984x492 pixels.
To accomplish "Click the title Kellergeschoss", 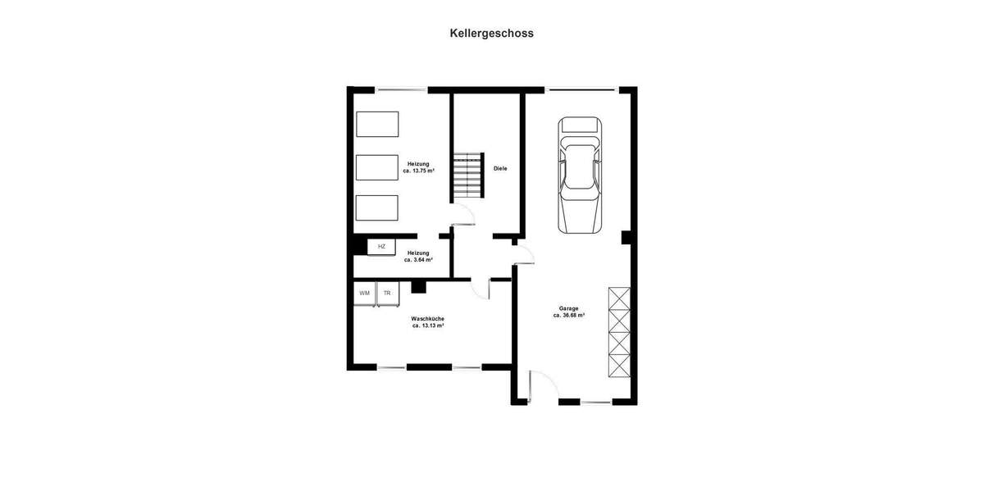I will click(x=491, y=34).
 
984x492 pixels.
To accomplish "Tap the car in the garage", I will click(x=579, y=175).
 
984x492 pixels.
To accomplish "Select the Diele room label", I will click(x=500, y=168).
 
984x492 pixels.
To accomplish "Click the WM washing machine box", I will click(x=364, y=294).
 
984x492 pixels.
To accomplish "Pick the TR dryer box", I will click(x=387, y=294).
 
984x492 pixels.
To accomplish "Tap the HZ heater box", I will click(x=381, y=246).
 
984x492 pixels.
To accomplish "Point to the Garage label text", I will click(x=568, y=308).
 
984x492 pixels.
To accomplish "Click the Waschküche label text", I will click(x=427, y=318).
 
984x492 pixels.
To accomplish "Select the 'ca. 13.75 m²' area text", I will click(x=419, y=171).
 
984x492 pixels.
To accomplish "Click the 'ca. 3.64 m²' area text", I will click(x=418, y=260).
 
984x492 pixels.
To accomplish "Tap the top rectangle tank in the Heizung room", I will click(x=377, y=124).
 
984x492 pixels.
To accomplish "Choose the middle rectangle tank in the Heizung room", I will click(x=377, y=167).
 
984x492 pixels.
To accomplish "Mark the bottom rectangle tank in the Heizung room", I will click(x=377, y=208).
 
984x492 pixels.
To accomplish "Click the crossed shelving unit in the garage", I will click(x=619, y=331).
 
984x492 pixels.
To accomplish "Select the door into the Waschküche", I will click(x=481, y=288).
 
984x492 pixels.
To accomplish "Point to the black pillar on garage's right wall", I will click(x=626, y=238).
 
